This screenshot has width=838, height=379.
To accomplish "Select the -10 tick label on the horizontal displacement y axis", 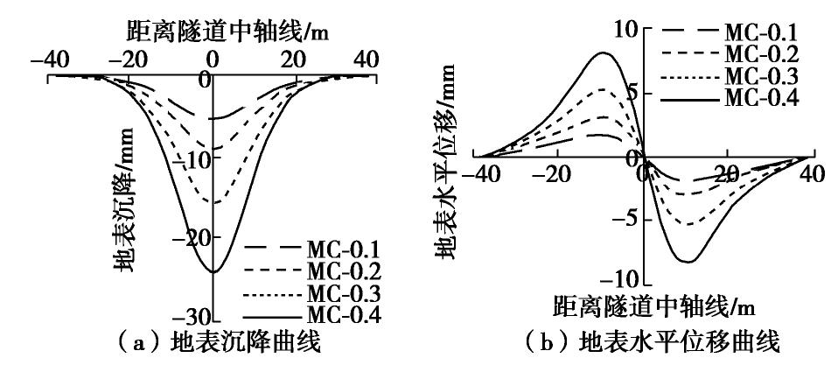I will pyautogui.click(x=620, y=279).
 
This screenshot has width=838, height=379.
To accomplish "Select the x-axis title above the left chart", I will pyautogui.click(x=213, y=33).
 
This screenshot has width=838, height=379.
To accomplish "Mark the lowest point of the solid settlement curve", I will pyautogui.click(x=213, y=271).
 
